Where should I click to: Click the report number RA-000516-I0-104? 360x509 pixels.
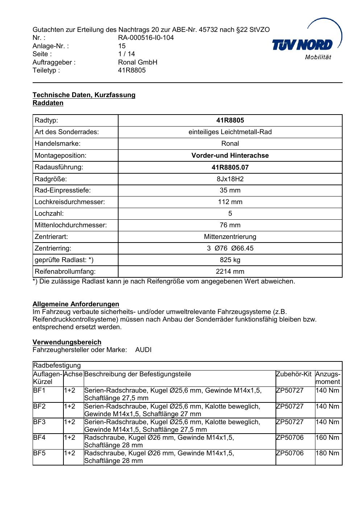(x=146, y=38)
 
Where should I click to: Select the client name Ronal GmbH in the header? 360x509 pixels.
(x=137, y=62)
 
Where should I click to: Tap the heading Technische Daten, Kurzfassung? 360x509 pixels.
(x=84, y=95)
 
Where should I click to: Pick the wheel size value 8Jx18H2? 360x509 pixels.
(x=230, y=179)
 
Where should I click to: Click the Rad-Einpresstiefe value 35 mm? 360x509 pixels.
(x=230, y=190)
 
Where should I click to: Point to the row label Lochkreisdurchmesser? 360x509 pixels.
(x=70, y=202)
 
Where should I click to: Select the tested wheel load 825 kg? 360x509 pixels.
(x=230, y=260)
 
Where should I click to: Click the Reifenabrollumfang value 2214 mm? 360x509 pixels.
(x=230, y=272)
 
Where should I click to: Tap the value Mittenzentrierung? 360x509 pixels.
(x=230, y=237)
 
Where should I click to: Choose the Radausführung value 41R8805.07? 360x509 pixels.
(x=230, y=167)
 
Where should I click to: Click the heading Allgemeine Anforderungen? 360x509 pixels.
(x=76, y=304)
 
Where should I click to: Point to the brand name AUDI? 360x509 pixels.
(x=143, y=350)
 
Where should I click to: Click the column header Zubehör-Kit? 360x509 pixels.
(x=294, y=374)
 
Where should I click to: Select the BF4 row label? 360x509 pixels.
(x=40, y=438)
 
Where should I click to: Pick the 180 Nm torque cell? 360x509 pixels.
(x=327, y=453)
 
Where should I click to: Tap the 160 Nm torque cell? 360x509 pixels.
(x=327, y=438)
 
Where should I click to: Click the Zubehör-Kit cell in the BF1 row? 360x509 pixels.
(x=290, y=390)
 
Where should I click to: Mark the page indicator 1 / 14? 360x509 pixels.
(x=127, y=54)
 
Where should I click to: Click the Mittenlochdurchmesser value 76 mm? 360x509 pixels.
(x=230, y=225)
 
